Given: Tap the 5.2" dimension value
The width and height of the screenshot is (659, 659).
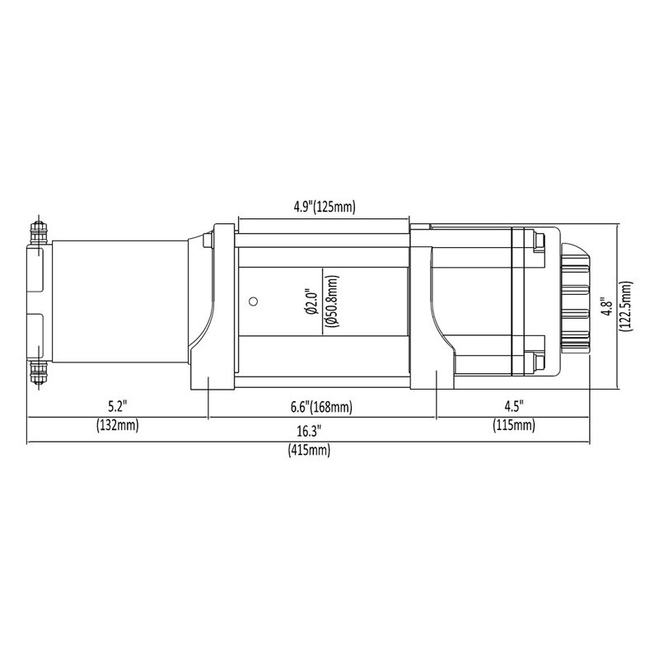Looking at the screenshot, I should pos(119,407).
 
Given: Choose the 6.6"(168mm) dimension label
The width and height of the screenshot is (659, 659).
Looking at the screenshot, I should pos(322,407).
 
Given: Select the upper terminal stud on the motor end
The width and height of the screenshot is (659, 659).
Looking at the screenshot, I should pos(35,231).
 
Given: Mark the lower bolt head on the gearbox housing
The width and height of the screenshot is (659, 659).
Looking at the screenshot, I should pos(539,361).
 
